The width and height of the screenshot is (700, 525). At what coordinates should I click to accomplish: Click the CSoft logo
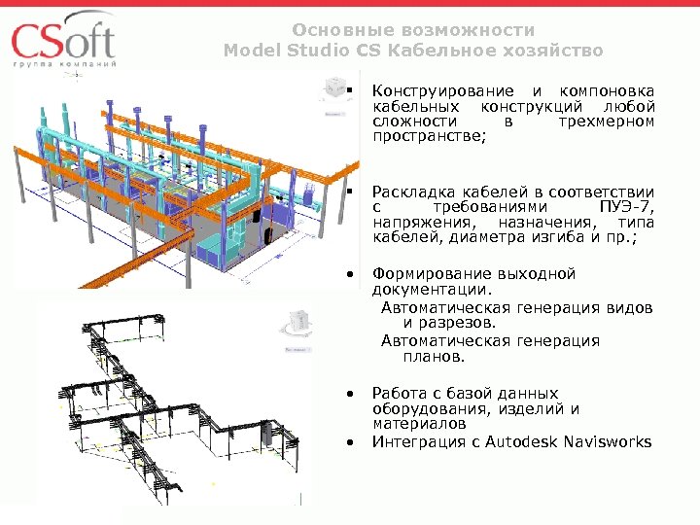[64, 43]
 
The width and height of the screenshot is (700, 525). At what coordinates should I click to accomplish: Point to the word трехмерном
[607, 122]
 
